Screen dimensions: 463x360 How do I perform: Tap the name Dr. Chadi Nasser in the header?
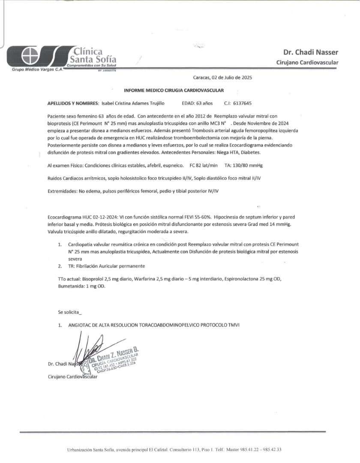(310, 52)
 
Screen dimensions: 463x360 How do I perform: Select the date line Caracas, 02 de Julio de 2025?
(222, 78)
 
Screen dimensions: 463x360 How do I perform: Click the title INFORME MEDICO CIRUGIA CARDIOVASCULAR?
(174, 90)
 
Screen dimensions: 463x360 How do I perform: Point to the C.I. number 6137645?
(243, 103)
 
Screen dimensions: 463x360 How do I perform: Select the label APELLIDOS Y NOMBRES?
(72, 103)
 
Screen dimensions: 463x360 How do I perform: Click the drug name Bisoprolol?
(94, 279)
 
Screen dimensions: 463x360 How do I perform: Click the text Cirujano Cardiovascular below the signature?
(72, 377)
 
